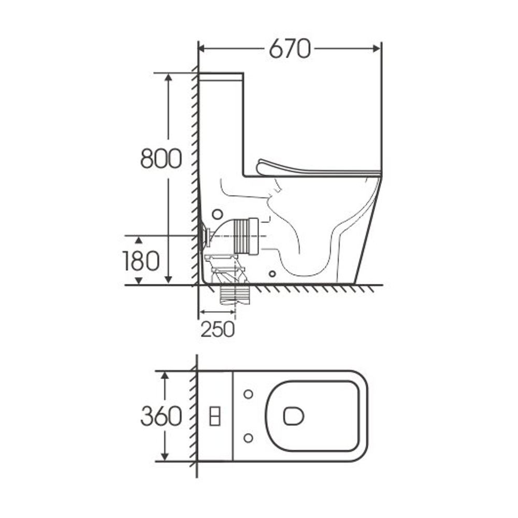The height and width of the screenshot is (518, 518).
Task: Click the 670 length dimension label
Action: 290,49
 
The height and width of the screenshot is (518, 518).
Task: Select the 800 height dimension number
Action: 161,159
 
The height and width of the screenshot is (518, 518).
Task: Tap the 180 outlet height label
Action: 141,261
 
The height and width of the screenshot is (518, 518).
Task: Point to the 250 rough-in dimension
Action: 218,329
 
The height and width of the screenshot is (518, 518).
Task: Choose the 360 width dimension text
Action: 161,416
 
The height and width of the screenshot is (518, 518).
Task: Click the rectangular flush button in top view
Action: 215,416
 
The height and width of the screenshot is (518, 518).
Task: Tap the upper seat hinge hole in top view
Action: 248,394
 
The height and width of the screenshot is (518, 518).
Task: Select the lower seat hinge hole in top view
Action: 248,438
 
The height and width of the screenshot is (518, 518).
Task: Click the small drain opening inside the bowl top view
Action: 293,416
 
